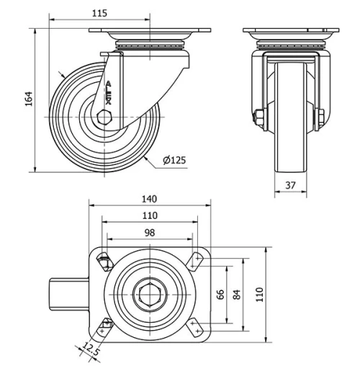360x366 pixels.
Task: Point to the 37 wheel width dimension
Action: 290,185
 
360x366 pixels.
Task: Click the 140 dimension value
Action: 149,199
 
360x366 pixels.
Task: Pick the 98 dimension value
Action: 149,232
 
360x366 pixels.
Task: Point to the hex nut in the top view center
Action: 149,295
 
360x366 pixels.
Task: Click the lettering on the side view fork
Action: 109,92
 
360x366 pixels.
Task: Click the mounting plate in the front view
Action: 289,34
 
